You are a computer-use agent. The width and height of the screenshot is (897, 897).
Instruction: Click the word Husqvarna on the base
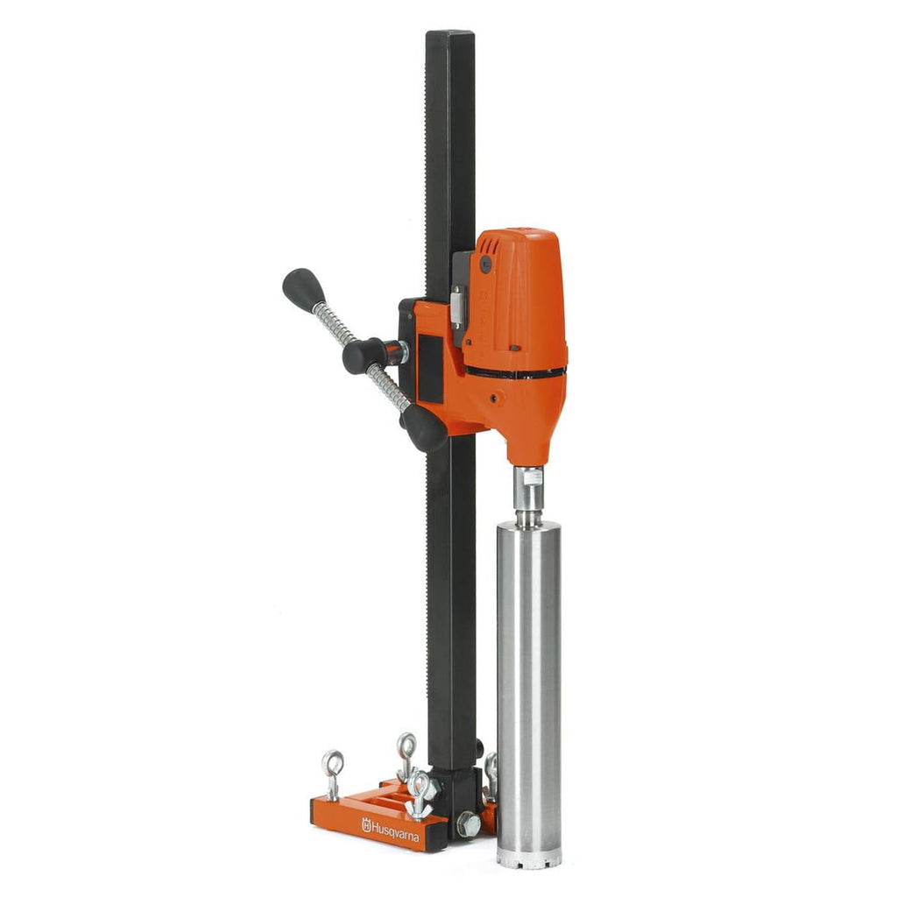pos(395,831)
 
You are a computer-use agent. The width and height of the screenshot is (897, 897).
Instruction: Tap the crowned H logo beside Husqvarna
pos(366,824)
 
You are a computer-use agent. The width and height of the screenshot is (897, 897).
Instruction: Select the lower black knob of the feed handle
pos(425,427)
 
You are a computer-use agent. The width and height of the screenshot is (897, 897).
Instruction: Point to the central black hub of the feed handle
pos(366,355)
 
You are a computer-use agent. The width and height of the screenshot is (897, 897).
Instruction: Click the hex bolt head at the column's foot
pos(468,824)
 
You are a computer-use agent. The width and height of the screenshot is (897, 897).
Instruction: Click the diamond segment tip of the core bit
pos(528,858)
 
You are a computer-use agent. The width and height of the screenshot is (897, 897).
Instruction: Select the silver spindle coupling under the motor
pos(529,496)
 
